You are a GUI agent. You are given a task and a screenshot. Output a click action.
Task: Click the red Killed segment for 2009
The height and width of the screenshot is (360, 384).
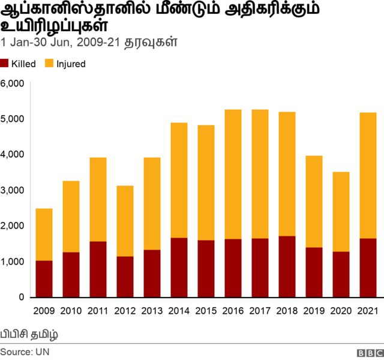[44, 279]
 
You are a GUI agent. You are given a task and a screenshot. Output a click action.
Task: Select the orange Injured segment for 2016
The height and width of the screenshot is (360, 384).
[233, 174]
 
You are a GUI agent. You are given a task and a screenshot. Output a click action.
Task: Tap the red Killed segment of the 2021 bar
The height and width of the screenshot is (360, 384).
[368, 268]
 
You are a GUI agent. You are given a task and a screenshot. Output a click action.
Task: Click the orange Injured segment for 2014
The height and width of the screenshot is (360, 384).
[179, 180]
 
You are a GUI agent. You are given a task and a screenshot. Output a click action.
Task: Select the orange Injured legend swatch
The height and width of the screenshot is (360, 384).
[49, 64]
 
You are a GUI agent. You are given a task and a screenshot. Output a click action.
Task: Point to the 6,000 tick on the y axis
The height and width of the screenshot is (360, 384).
[12, 83]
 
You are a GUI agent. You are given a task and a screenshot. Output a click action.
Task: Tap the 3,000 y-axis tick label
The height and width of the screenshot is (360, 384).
[12, 190]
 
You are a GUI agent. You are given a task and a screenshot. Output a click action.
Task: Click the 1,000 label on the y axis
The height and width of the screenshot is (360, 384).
[12, 262]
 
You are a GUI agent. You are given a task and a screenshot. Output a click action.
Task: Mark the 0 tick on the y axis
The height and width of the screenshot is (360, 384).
[20, 298]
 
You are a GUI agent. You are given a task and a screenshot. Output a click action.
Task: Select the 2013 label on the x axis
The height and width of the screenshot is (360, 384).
[152, 311]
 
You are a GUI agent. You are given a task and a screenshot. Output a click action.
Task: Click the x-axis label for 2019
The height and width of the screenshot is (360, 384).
[314, 311]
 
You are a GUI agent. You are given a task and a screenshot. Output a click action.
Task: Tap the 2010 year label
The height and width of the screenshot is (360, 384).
[71, 311]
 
